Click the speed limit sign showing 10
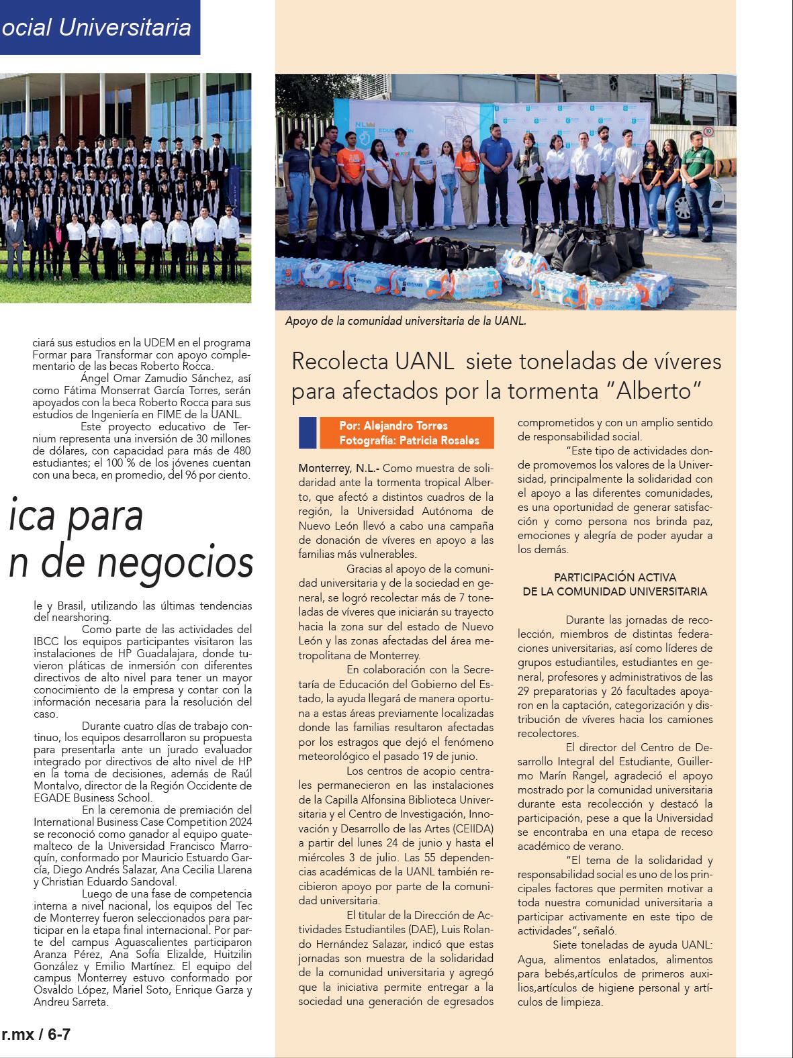tap(708, 133)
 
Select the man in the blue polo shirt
tap(494, 175)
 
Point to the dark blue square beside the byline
tap(308, 433)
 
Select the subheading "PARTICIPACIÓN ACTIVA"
tap(614, 577)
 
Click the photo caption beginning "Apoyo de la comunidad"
tap(405, 322)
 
